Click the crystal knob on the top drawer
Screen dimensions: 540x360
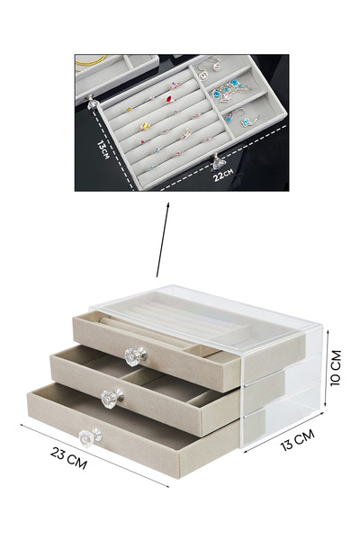(135, 356)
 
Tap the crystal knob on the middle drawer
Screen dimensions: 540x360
(113, 396)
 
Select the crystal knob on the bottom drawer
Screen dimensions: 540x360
(87, 438)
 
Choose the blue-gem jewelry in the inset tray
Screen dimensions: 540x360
(227, 87)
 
